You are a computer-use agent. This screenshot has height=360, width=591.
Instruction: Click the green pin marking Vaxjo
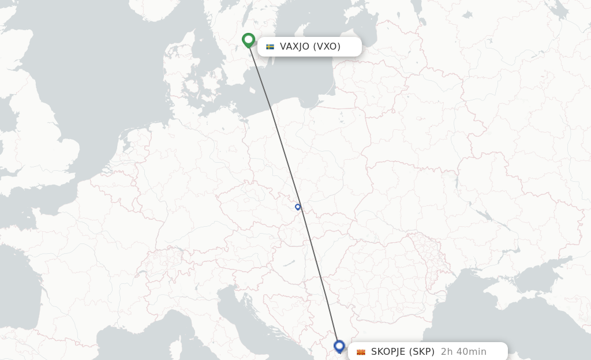point(249,40)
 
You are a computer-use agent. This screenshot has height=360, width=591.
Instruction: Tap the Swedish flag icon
point(270,47)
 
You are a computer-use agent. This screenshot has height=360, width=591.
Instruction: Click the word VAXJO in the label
point(294,47)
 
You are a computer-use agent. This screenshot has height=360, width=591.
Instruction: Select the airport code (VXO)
point(327,47)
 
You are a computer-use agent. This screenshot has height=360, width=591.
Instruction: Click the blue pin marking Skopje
point(339,346)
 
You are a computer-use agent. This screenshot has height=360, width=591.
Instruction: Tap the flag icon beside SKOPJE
point(361,352)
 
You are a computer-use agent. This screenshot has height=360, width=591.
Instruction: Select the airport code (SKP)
point(422,352)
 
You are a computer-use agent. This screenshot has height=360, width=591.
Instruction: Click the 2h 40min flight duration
point(463,352)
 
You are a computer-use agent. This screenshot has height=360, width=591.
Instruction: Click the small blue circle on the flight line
point(298,207)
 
